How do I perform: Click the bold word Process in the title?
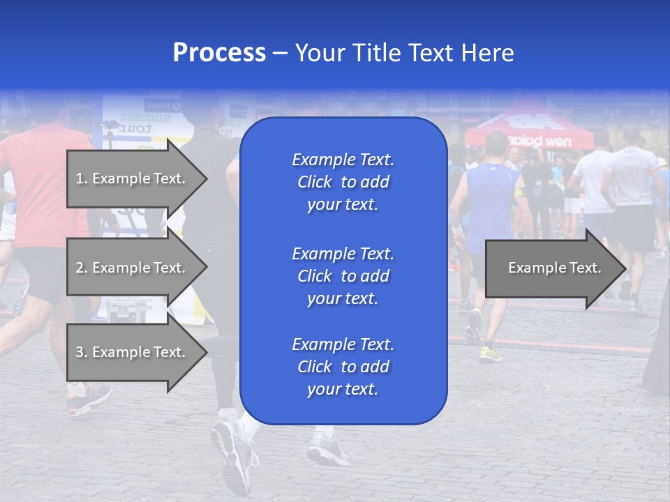(219, 53)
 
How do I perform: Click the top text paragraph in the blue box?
(343, 182)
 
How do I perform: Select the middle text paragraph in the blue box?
(343, 276)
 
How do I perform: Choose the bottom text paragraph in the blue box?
(343, 367)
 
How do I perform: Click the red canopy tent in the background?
(529, 125)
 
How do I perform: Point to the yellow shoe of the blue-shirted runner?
(490, 354)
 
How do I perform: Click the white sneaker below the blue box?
(327, 450)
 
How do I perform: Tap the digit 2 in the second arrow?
(80, 268)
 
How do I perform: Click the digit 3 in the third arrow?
(80, 352)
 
